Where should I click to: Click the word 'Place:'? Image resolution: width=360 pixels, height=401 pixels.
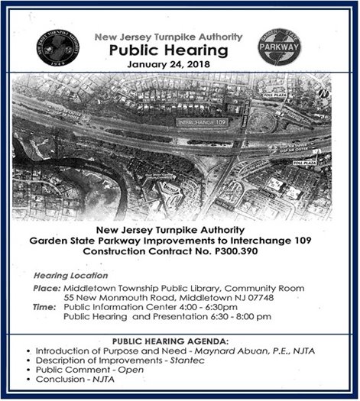coord(47,287)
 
